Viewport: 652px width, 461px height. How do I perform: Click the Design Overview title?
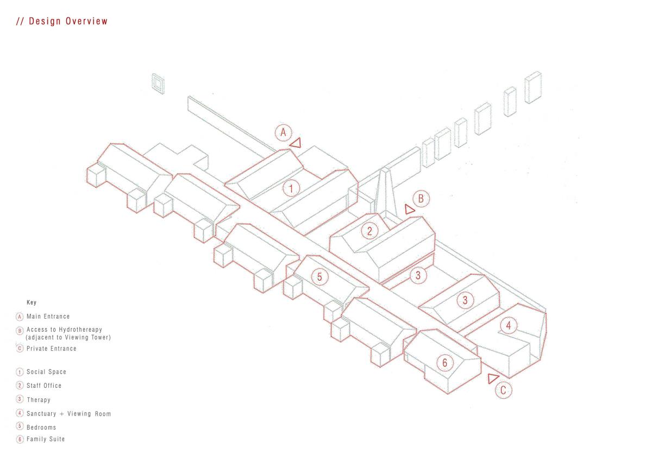pos(62,22)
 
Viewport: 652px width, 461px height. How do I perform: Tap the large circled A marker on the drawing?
pos(283,132)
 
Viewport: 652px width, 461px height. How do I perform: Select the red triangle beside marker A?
pos(296,143)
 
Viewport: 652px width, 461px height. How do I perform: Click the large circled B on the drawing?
pos(421,199)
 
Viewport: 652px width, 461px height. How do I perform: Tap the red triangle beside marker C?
pos(493,378)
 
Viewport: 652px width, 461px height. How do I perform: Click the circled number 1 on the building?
pos(291,188)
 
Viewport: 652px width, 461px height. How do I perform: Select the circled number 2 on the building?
pos(369,231)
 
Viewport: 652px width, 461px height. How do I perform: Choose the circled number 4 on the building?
pos(508,326)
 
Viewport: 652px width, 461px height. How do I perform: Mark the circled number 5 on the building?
pos(319,277)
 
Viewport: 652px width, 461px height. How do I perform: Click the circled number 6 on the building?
pos(444,362)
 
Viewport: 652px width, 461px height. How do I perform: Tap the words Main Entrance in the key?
pos(48,317)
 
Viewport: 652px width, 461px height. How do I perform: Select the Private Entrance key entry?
pos(51,349)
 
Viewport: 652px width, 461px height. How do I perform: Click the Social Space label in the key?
pos(46,372)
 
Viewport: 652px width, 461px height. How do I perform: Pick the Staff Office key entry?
pos(44,386)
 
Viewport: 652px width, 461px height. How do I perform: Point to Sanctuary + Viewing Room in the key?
pos(68,414)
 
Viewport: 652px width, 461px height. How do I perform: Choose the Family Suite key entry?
pos(46,439)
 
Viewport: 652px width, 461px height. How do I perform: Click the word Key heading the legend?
pos(32,302)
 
